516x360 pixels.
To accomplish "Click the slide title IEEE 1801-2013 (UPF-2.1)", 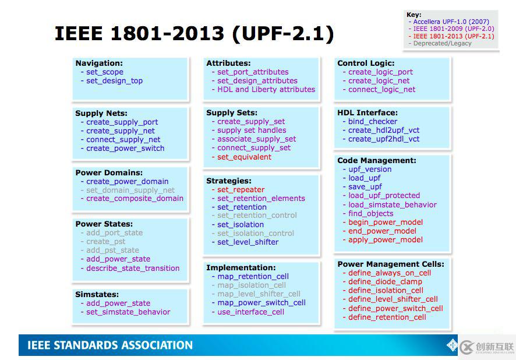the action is pyautogui.click(x=194, y=34).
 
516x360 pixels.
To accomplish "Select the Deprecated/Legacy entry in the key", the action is pyautogui.click(x=442, y=44).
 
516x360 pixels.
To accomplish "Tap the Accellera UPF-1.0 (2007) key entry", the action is pyautogui.click(x=451, y=22).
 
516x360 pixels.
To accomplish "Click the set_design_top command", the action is pyautogui.click(x=114, y=81).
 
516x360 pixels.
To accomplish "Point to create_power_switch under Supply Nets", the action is pyautogui.click(x=125, y=149).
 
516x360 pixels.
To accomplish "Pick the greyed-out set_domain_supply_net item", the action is pyautogui.click(x=130, y=190).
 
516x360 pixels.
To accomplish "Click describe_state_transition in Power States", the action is pyautogui.click(x=133, y=268).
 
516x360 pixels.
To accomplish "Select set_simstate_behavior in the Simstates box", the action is pyautogui.click(x=128, y=312).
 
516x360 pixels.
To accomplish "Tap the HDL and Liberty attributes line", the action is pyautogui.click(x=266, y=90).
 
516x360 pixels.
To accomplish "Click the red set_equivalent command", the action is pyautogui.click(x=244, y=157).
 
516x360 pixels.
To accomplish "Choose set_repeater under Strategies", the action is pyautogui.click(x=241, y=189).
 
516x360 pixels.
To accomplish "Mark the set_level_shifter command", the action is pyautogui.click(x=248, y=242).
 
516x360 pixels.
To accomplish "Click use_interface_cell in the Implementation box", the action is pyautogui.click(x=250, y=312).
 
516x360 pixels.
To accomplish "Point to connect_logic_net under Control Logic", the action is pyautogui.click(x=381, y=90).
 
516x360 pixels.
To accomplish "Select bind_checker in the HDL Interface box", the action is pyautogui.click(x=373, y=121).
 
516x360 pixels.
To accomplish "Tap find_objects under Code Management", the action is pyautogui.click(x=370, y=214).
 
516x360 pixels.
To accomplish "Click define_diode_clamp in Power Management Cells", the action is pyautogui.click(x=385, y=282).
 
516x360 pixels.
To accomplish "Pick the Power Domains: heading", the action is pyautogui.click(x=109, y=173).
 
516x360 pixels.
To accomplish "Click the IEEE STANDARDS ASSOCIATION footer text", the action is pyautogui.click(x=110, y=345).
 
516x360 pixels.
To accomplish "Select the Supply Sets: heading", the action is pyautogui.click(x=232, y=113).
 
